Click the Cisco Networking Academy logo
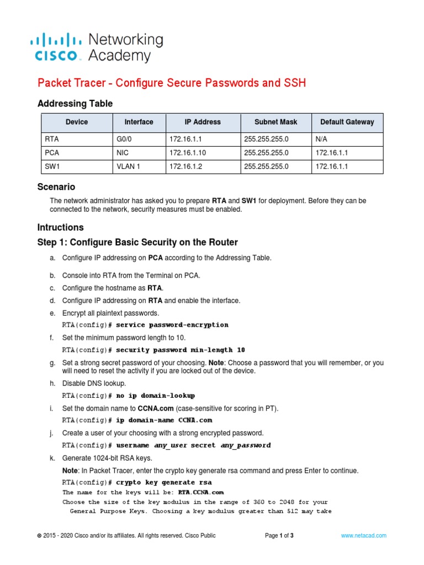tap(96, 47)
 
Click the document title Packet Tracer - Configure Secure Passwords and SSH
tap(171, 83)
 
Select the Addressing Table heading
tap(75, 104)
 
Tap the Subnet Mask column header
tap(275, 122)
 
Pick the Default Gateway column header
tap(347, 122)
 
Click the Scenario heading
tap(56, 187)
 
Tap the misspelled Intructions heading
tap(60, 227)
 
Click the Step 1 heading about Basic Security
tap(137, 242)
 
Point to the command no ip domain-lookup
tap(155, 396)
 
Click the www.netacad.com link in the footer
tap(363, 536)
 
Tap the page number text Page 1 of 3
tap(279, 536)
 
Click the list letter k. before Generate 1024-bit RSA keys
tap(52, 459)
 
